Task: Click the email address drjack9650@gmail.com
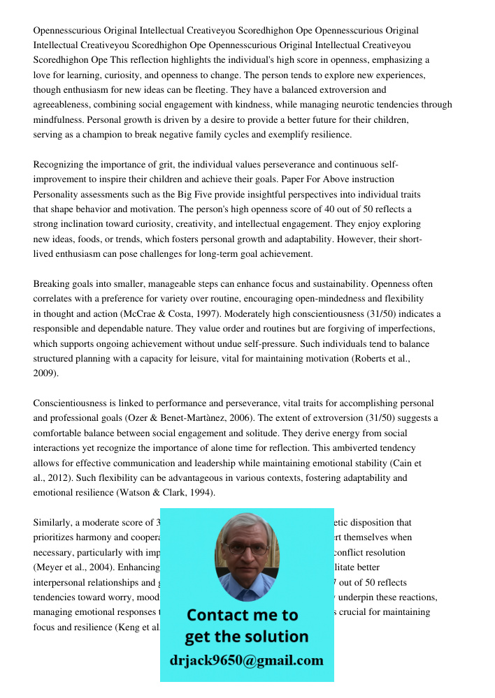(x=246, y=660)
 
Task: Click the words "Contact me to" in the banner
(x=243, y=615)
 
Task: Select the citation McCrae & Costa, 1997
(x=174, y=314)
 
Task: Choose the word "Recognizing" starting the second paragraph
(x=59, y=165)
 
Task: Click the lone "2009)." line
(x=46, y=373)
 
